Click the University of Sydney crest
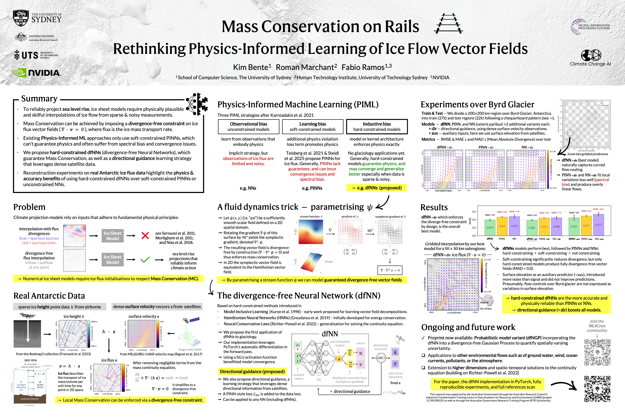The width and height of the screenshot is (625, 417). tap(21, 18)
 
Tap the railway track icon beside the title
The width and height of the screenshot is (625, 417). tap(448, 24)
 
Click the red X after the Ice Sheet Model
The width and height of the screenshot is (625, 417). tap(145, 236)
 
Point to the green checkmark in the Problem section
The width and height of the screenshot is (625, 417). tap(145, 260)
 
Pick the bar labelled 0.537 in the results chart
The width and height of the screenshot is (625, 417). tap(598, 225)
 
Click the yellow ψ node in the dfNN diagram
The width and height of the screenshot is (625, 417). tap(339, 359)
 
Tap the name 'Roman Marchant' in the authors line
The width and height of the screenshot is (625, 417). tap(306, 67)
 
